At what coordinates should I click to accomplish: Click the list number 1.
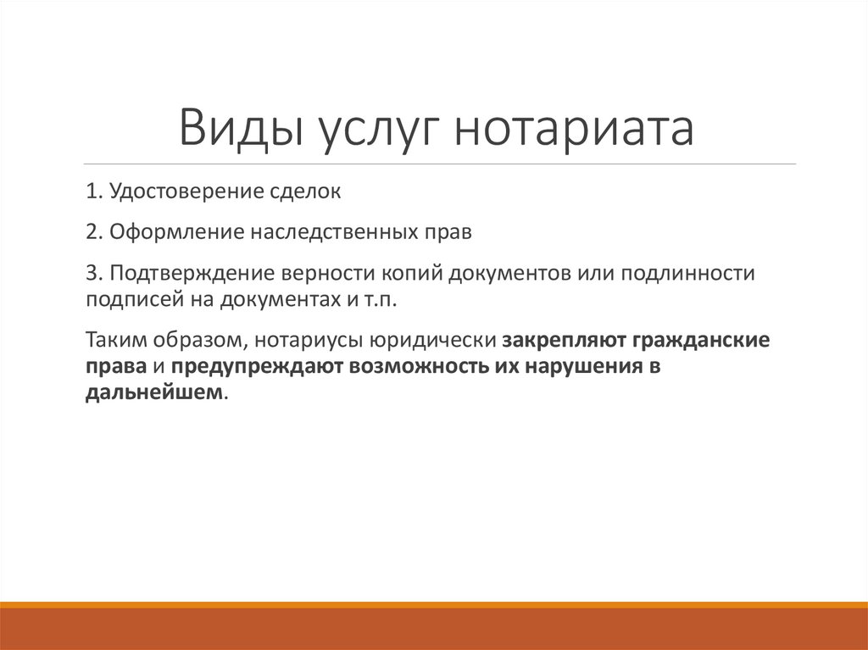[91, 192]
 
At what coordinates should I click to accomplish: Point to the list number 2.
[91, 232]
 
